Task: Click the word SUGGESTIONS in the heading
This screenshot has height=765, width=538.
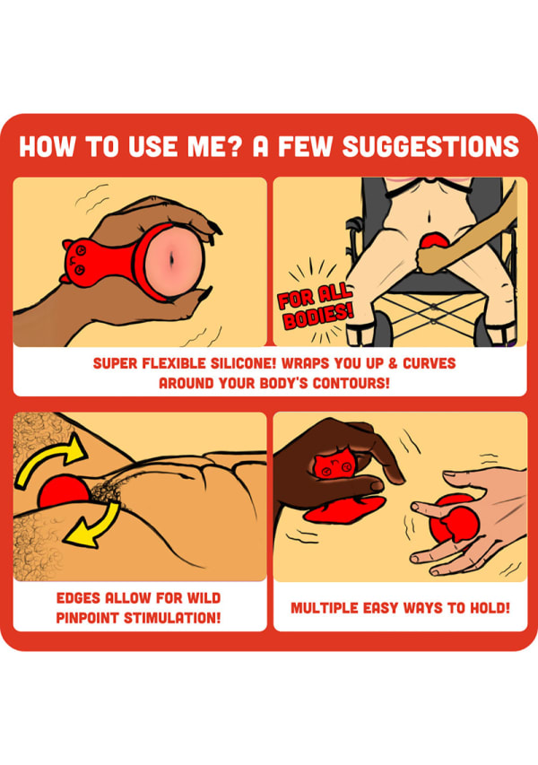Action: click(430, 146)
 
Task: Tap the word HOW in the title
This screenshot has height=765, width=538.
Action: click(48, 146)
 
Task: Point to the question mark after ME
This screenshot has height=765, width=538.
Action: click(235, 146)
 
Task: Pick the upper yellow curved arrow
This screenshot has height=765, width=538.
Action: click(48, 457)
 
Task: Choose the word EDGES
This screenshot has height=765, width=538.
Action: click(78, 597)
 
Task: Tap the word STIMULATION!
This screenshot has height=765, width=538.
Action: click(172, 618)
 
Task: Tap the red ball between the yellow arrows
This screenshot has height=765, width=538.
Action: click(64, 491)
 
